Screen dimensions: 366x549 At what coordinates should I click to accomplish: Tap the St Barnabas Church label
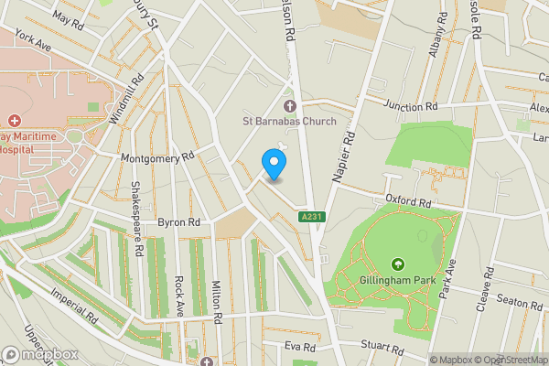coord(289,121)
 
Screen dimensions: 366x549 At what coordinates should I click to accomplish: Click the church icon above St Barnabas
coord(289,105)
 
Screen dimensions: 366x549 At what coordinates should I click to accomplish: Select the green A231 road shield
coord(311,217)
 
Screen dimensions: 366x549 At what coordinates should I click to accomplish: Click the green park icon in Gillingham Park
coord(399,264)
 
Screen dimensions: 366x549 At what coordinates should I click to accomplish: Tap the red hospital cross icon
coord(15,121)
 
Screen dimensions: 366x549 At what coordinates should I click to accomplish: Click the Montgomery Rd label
coord(158,157)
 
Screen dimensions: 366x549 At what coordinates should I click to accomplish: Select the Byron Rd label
coord(178,222)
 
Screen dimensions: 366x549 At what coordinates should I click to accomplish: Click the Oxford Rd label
coord(407,200)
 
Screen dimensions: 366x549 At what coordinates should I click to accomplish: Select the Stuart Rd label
coord(382,349)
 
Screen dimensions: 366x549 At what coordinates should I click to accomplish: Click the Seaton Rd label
coord(520,302)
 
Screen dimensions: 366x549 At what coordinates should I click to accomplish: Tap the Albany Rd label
coord(438,36)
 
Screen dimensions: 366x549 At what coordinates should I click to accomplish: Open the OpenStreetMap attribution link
coord(510,360)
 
